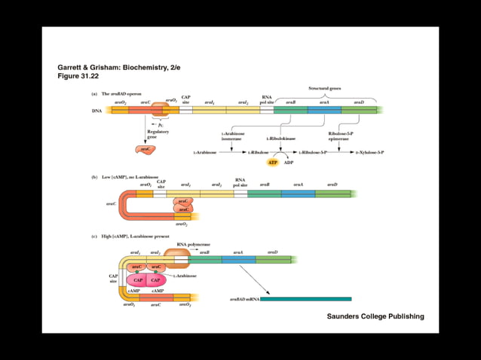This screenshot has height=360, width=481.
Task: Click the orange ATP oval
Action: coord(274,162)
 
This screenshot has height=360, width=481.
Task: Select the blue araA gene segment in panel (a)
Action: coord(324,110)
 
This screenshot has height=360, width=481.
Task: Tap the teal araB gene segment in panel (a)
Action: coord(291,110)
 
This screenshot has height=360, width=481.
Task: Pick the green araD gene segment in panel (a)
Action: coord(359,110)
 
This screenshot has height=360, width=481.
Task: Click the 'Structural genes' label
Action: coord(325,88)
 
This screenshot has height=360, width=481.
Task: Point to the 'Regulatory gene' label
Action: coord(158,133)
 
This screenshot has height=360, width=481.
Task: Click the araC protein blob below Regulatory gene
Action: coord(146,149)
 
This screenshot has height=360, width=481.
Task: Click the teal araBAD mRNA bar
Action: coord(305,299)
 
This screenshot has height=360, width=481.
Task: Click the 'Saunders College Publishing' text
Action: coord(375,316)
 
